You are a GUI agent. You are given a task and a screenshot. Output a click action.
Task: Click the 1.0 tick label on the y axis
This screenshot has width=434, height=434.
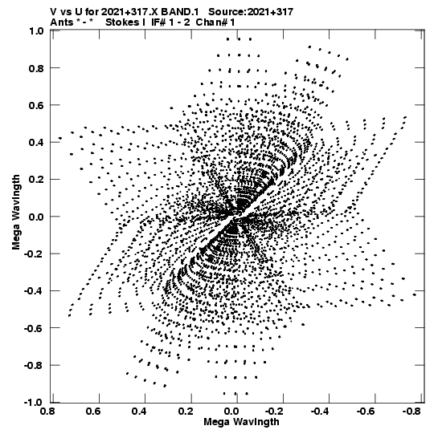[36, 30]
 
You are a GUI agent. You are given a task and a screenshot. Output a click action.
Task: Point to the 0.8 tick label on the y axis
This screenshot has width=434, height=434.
[36, 68]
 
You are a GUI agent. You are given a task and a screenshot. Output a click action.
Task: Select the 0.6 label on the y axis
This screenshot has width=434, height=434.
[36, 105]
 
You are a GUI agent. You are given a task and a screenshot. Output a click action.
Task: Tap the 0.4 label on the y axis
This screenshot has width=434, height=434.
[36, 142]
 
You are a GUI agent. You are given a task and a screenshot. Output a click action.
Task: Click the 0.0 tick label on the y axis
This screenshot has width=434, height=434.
[36, 217]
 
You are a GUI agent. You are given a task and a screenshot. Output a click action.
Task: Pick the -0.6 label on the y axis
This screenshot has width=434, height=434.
[34, 328]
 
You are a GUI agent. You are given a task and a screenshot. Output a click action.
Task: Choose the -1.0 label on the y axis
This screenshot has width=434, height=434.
[34, 403]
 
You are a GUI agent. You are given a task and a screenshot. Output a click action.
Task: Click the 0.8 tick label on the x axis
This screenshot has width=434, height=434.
[47, 412]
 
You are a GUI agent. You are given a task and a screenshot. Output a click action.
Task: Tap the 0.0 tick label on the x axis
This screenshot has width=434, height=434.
[232, 412]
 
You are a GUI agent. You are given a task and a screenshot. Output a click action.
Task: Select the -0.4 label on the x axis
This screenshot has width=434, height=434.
[319, 412]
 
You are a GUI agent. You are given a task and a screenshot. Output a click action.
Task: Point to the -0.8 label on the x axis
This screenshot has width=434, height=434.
[411, 412]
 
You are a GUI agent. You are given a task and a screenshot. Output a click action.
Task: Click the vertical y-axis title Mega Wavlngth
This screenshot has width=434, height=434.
[16, 213]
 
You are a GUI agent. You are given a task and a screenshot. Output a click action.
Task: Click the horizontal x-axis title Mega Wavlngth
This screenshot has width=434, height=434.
[242, 422]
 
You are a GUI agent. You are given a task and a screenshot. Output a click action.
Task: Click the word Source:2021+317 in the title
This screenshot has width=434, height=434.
[251, 12]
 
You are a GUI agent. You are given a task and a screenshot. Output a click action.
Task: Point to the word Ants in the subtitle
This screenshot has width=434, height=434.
[62, 22]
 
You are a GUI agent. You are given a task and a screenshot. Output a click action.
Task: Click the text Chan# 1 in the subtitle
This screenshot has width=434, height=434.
[215, 22]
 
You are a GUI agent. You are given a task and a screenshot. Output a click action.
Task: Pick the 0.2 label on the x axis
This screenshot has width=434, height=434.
[186, 412]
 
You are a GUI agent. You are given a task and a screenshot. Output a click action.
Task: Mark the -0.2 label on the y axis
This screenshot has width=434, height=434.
[34, 254]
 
